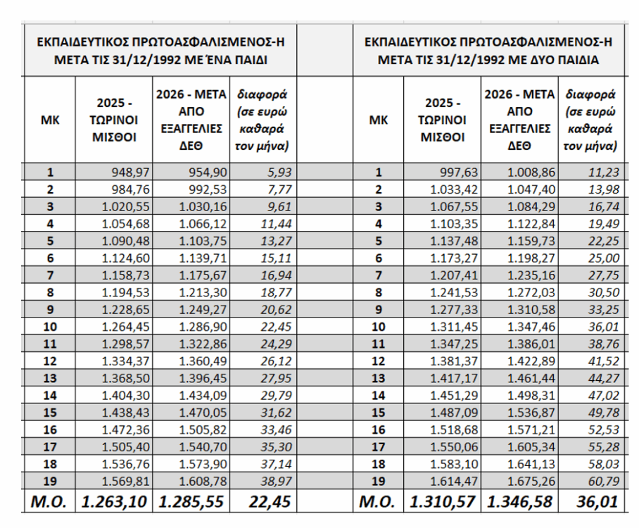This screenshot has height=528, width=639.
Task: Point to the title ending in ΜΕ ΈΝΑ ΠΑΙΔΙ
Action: pyautogui.click(x=160, y=51)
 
